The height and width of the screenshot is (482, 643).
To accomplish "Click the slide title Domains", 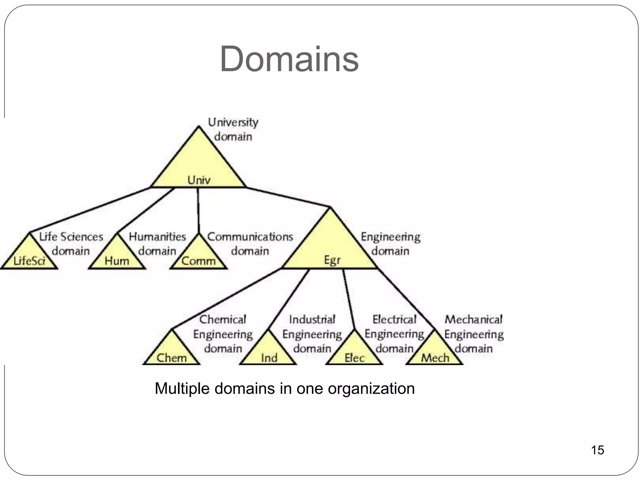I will point(289,59).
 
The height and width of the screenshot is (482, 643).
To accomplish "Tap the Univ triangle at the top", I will point(198,166).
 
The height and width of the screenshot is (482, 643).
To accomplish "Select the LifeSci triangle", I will point(29,256).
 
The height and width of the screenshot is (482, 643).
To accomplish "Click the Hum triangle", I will point(117,256).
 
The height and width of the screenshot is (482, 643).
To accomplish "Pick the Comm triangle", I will point(198,256).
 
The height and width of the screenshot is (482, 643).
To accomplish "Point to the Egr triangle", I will point(330,248).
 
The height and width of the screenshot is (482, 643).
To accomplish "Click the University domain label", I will point(233,129).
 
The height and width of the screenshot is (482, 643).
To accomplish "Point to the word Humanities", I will point(157,237).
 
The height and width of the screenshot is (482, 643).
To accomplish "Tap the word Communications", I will point(250,237).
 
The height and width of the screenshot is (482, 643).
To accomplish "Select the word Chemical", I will point(223,319).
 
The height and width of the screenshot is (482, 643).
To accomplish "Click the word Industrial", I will point(312,319).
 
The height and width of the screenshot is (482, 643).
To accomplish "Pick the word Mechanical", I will point(473,319).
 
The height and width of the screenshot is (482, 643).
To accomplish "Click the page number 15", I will point(597,450).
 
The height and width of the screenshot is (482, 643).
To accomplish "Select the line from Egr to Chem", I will point(226,298).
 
